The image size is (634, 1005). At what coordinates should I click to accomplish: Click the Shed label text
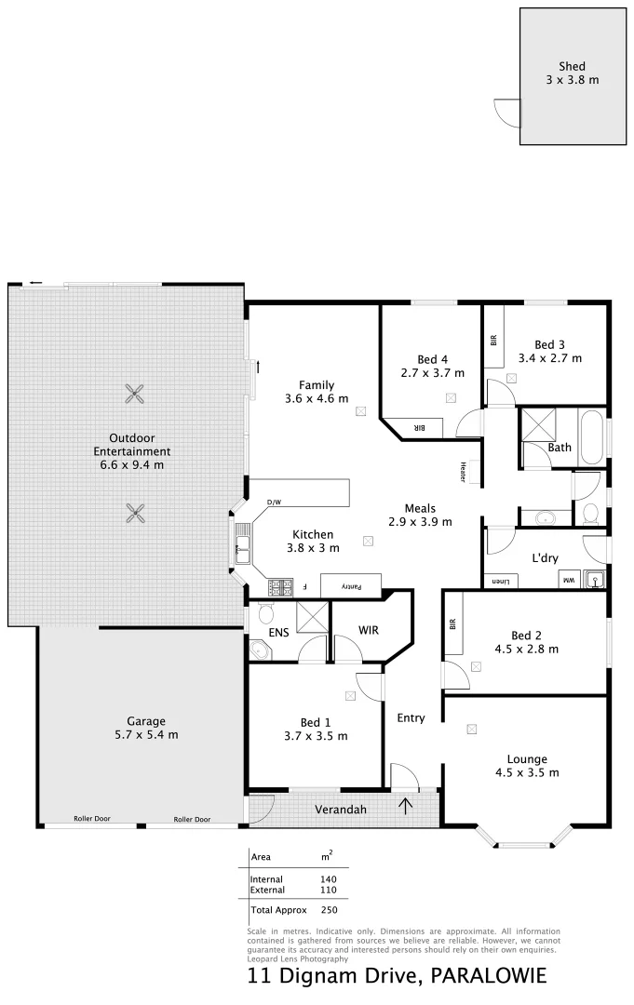pos(572,66)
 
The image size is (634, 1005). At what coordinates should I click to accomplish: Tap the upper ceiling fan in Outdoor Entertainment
pos(136,394)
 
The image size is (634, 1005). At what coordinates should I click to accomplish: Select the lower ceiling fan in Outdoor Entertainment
pos(136,511)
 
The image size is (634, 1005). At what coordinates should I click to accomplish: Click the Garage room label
pos(146,720)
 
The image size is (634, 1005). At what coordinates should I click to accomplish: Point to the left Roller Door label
pos(92,819)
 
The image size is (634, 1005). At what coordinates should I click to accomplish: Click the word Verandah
pos(339,810)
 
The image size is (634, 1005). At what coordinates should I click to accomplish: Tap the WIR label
pos(370,630)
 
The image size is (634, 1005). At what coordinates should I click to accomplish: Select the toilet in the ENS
pos(265,612)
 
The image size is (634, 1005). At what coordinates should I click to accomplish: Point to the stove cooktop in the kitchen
pos(279,587)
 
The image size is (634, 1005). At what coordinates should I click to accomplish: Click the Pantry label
pos(350,586)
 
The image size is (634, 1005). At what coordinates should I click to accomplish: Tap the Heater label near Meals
pos(462,473)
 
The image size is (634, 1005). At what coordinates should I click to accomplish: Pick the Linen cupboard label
pos(501,582)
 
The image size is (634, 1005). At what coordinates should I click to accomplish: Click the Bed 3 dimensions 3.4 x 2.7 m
pos(549,357)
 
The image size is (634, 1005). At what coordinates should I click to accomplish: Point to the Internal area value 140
pos(328,878)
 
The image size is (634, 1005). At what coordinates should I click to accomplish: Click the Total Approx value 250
pos(328,909)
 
